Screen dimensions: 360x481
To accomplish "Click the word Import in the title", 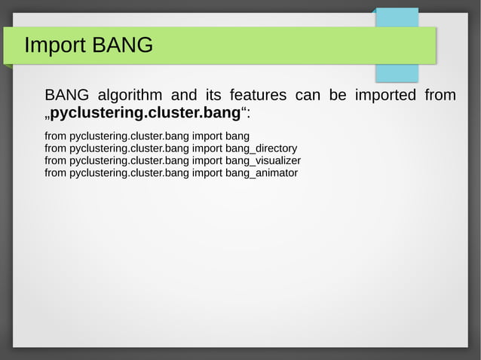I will coord(55,46).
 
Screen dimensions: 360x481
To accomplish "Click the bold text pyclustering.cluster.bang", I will coord(145,114).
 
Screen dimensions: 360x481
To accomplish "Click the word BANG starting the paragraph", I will coord(66,96).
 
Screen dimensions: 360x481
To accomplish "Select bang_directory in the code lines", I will coord(261,148).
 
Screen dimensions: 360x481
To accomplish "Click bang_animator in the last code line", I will coord(261,172).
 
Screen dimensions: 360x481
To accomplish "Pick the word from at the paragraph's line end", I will coord(440,96).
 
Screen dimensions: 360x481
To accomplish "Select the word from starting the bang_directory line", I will coord(55,148).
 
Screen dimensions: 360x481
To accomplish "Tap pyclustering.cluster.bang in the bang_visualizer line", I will coord(129,160).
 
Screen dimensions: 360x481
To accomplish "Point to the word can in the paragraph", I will coord(308,96).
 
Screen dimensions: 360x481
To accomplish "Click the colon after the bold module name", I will coord(249,114).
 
